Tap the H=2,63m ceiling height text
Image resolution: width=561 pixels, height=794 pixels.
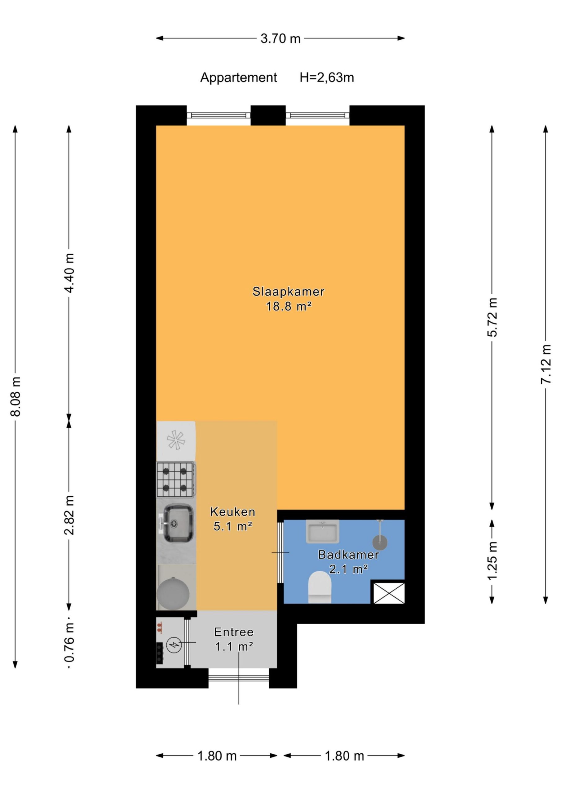[x=327, y=78]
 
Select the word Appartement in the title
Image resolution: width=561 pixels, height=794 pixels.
[x=239, y=78]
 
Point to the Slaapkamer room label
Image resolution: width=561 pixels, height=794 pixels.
[x=288, y=292]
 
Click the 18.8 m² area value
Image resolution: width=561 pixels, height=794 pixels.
[x=289, y=306]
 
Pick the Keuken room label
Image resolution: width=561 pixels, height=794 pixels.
[x=233, y=511]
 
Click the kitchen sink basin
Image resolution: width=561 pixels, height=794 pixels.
[x=178, y=523]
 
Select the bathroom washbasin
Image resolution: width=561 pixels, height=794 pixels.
[x=322, y=531]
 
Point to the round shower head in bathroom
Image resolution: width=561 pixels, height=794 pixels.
[x=380, y=542]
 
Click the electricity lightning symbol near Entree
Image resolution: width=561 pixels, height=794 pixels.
[x=174, y=644]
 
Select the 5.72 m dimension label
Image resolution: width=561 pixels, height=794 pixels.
[x=493, y=317]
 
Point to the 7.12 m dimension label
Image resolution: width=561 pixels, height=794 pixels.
[x=546, y=364]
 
